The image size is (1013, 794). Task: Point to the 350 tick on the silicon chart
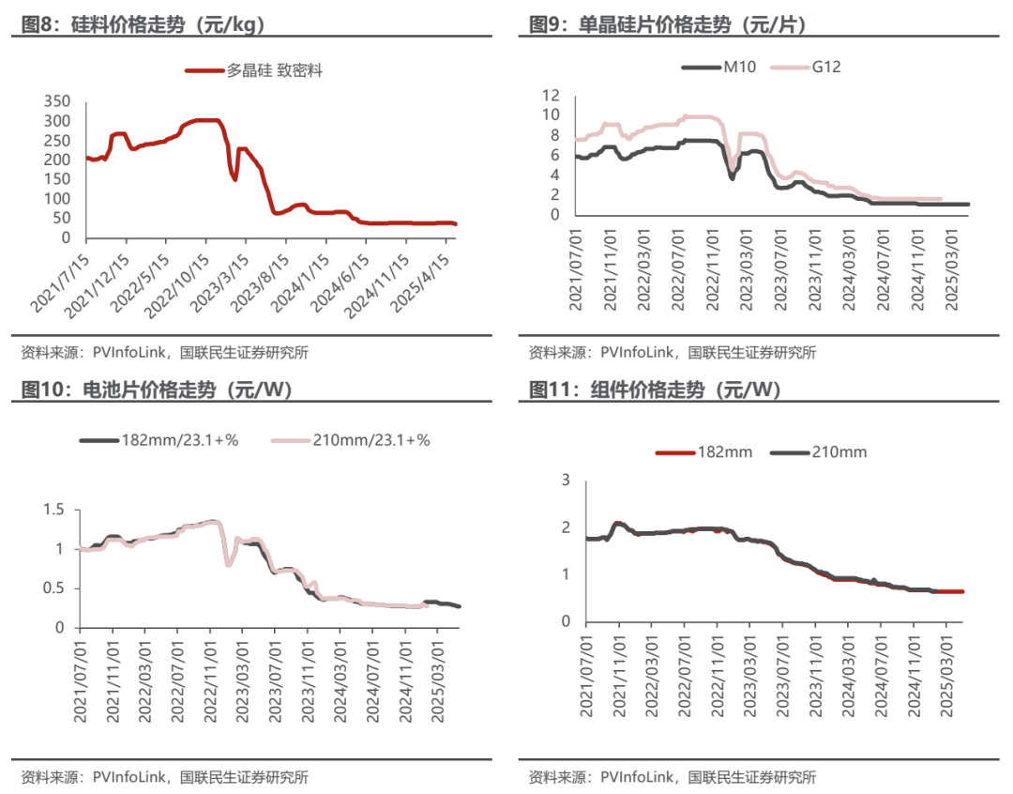tap(57, 101)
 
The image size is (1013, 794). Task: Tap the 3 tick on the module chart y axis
tap(567, 480)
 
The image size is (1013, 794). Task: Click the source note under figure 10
tap(164, 777)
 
